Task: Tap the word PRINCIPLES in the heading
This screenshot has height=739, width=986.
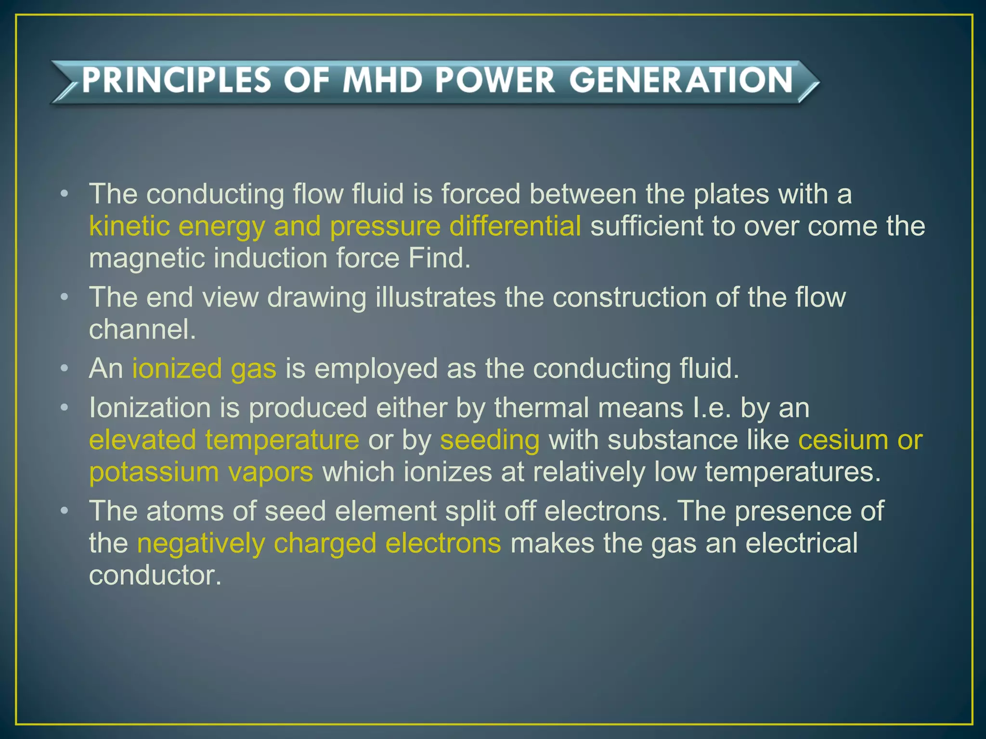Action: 176,80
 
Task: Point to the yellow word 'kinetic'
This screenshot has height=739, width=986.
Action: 129,226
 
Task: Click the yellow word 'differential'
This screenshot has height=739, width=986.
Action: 515,226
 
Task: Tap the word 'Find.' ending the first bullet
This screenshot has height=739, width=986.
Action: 439,258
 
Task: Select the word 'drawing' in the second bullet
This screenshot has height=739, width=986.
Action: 316,297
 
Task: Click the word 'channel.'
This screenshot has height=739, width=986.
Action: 143,329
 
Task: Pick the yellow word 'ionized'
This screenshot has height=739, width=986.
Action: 177,369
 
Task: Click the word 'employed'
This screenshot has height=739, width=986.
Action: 376,369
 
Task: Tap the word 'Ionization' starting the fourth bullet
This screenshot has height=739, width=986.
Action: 150,408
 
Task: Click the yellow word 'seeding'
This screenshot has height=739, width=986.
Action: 490,440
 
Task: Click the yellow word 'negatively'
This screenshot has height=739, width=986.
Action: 201,543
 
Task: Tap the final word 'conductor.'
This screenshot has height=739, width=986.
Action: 155,575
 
